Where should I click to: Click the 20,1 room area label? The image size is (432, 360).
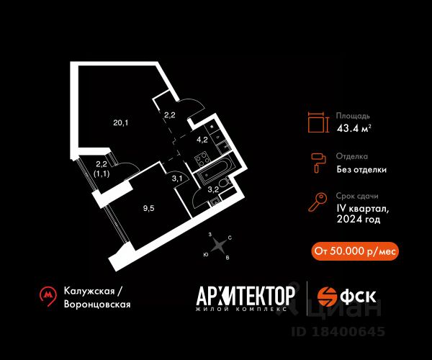pyautogui.click(x=121, y=123)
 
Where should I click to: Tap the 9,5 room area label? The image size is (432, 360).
pyautogui.click(x=149, y=208)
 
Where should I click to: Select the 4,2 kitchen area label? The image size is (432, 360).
pyautogui.click(x=202, y=140)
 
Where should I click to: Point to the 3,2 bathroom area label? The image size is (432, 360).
pyautogui.click(x=213, y=189)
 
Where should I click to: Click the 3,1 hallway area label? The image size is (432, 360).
pyautogui.click(x=177, y=179)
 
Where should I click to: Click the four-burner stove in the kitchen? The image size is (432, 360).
pyautogui.click(x=202, y=159)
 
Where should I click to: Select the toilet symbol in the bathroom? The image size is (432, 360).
pyautogui.click(x=225, y=183)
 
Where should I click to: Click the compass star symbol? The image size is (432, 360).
pyautogui.click(x=219, y=244)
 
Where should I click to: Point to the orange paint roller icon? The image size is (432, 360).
pyautogui.click(x=318, y=163)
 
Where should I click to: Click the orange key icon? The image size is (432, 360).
pyautogui.click(x=318, y=202)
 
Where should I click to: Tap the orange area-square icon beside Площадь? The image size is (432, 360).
pyautogui.click(x=318, y=122)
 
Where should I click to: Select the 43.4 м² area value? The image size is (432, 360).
pyautogui.click(x=354, y=128)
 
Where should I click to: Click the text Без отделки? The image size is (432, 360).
pyautogui.click(x=361, y=169)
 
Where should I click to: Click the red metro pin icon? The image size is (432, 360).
pyautogui.click(x=48, y=296)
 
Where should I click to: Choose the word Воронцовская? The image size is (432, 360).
pyautogui.click(x=97, y=304)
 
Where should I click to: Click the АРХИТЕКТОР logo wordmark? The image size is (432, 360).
pyautogui.click(x=246, y=295)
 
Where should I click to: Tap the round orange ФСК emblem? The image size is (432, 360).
pyautogui.click(x=327, y=297)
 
